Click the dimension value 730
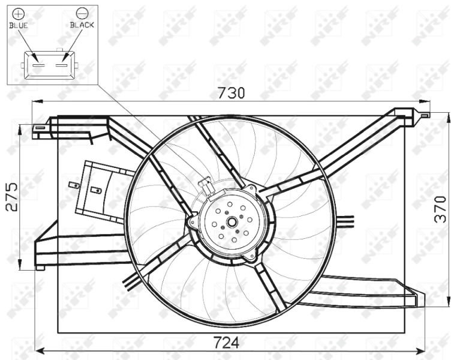coord(231,94)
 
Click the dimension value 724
coord(227,343)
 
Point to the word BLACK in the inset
coord(82,25)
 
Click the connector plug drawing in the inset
coord(49,64)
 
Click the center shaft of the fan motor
coord(230,222)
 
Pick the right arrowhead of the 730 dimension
coord(427,103)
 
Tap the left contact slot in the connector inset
coord(38,63)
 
